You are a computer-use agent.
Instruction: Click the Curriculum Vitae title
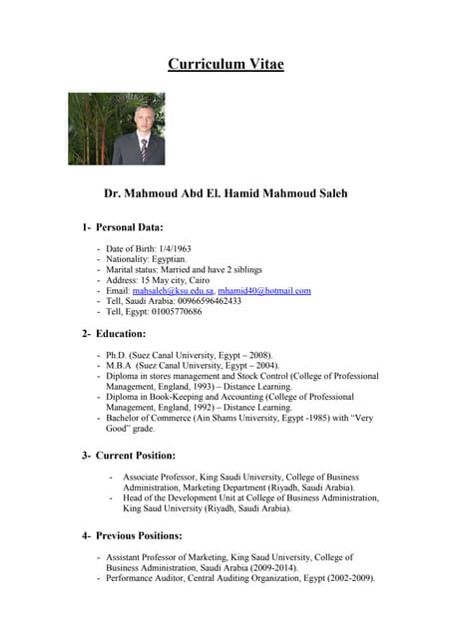point(226,65)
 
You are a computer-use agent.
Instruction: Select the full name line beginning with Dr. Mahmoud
point(226,193)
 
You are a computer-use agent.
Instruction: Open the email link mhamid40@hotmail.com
point(264,291)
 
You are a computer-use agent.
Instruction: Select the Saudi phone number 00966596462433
point(208,301)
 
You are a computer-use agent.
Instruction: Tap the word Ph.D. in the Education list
point(118,355)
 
